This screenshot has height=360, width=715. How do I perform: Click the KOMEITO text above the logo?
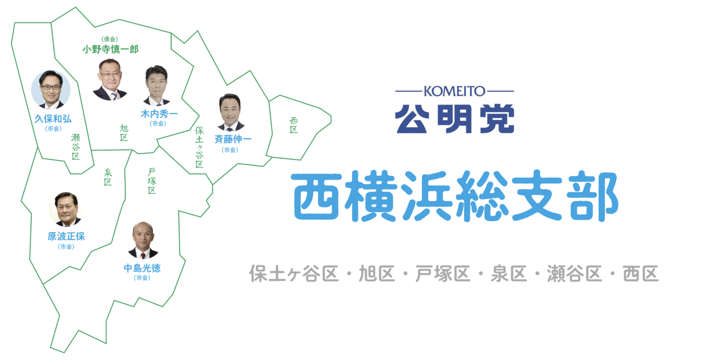tap(454, 91)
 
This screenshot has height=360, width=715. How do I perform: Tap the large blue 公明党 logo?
tap(454, 119)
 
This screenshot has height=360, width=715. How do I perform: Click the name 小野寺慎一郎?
tap(110, 49)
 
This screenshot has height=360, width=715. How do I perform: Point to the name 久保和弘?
tap(53, 119)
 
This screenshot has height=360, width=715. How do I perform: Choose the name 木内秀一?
tap(159, 114)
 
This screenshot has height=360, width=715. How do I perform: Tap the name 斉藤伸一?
tap(233, 139)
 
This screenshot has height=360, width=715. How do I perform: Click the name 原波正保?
tap(67, 236)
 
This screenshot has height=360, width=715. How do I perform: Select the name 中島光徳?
tap(142, 268)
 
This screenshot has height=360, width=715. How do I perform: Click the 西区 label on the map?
tap(293, 125)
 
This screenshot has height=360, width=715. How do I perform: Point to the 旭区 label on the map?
tap(124, 133)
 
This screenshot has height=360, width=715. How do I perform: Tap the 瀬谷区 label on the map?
tap(75, 147)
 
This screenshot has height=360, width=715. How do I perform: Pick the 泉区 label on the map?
tap(108, 177)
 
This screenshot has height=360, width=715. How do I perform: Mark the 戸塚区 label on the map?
tap(151, 181)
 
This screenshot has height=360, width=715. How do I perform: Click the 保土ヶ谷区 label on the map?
tap(200, 147)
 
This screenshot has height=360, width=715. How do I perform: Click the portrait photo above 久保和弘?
tap(51, 90)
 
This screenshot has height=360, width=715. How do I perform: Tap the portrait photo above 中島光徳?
tap(143, 240)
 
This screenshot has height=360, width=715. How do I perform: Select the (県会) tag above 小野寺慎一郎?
tap(110, 39)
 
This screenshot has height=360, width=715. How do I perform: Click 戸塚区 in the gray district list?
tap(443, 274)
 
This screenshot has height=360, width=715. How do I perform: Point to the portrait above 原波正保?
tap(66, 209)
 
